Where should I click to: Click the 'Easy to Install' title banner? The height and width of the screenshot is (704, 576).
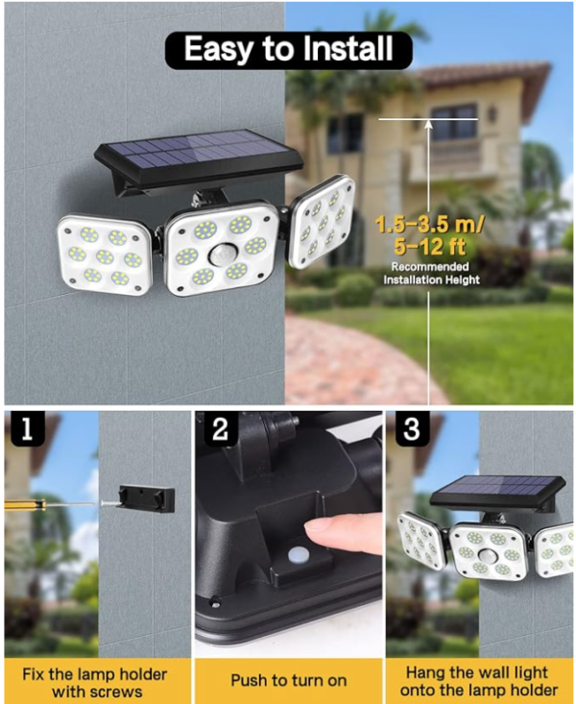[x=289, y=50]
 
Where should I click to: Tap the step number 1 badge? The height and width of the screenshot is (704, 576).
[x=28, y=428]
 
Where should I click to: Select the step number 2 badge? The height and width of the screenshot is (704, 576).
[x=221, y=428]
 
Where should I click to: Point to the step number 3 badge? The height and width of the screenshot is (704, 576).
[x=412, y=428]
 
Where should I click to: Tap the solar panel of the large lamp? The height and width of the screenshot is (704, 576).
[x=198, y=155]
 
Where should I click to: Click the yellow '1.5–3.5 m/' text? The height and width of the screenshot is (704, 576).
[x=429, y=224]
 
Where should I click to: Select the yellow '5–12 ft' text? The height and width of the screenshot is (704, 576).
[x=430, y=247]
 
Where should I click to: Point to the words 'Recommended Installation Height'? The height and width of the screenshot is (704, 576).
[x=431, y=274]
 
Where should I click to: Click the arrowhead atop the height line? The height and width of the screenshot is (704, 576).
[x=429, y=124]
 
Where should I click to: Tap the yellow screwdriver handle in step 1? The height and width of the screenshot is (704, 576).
[x=25, y=504]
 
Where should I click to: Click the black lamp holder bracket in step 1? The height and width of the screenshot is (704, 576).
[x=147, y=498]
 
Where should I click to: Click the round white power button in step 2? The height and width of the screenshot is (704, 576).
[x=297, y=555]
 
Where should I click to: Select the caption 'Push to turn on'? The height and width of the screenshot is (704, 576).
[x=289, y=681]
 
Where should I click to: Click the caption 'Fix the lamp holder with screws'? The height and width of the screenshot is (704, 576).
[x=95, y=683]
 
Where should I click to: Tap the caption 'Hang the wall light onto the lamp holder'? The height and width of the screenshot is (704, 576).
[x=479, y=681]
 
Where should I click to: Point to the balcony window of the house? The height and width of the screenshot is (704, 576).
[x=454, y=121]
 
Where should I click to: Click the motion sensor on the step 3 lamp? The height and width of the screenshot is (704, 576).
[x=488, y=555]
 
